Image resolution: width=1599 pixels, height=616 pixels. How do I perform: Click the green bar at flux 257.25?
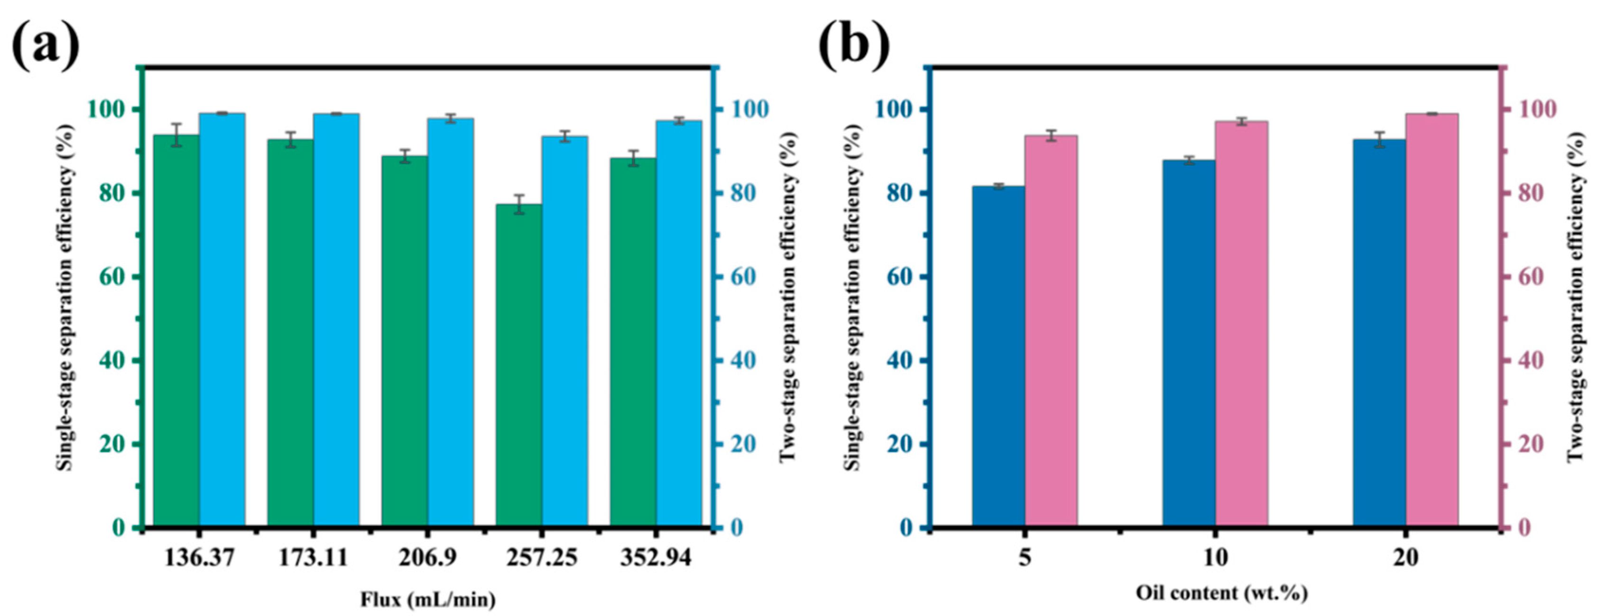pos(519,366)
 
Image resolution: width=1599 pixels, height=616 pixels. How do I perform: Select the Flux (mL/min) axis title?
pos(428,600)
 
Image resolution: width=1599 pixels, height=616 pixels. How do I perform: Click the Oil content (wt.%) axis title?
pos(1221,594)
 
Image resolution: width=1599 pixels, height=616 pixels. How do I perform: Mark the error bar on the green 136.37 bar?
pos(176,135)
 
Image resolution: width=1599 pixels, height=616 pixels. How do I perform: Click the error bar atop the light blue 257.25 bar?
pos(565,136)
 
